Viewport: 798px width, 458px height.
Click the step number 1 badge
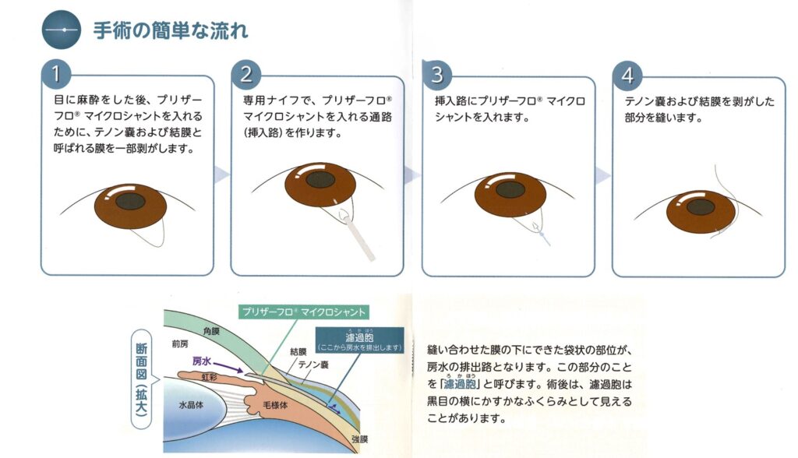[x=56, y=75]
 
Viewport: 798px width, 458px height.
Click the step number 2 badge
[x=246, y=75]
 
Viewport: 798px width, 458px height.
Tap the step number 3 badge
[x=436, y=75]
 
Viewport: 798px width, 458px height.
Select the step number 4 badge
[x=627, y=75]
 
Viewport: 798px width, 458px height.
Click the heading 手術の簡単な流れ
[x=171, y=31]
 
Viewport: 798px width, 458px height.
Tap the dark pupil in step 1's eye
[x=130, y=200]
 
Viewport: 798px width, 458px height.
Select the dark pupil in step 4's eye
[x=701, y=207]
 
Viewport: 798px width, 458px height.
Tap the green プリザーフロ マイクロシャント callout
[x=303, y=312]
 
